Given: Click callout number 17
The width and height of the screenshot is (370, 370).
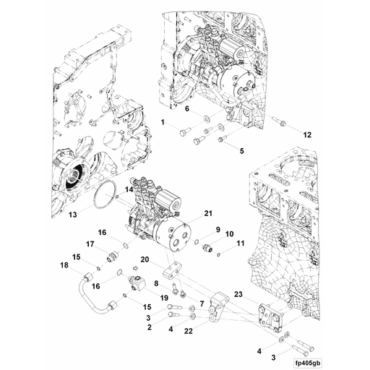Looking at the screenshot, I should click(92, 244).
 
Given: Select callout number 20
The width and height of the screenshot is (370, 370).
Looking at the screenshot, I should click(145, 259).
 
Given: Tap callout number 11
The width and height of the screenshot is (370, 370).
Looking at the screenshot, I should click(241, 243).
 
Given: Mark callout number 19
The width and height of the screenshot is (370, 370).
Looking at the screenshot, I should click(165, 298).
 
